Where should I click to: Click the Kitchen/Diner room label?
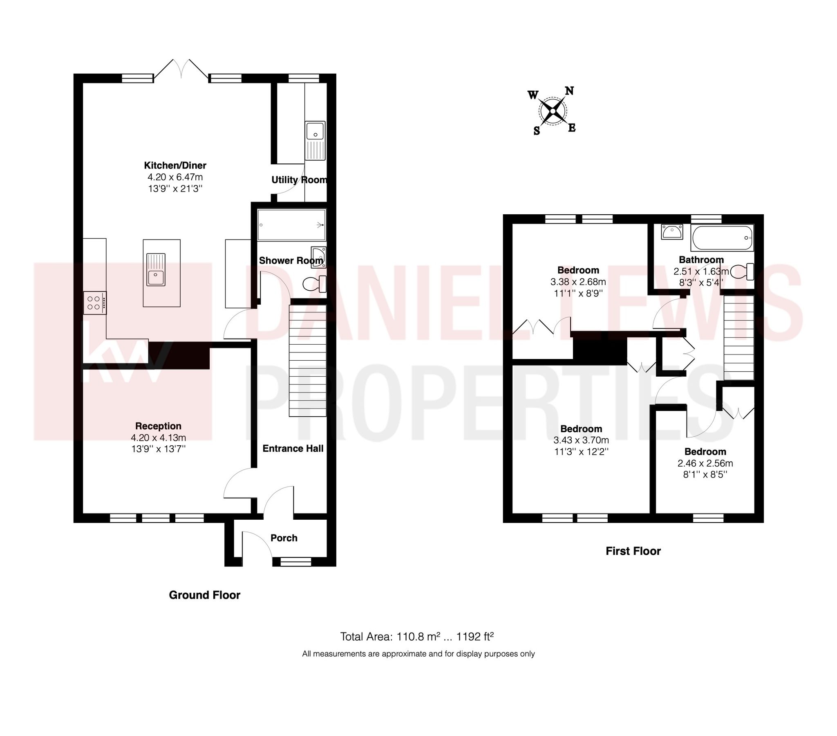[175, 166]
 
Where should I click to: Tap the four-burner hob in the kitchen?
[94, 303]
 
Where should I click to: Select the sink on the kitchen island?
[156, 269]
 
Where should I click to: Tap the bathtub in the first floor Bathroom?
[722, 238]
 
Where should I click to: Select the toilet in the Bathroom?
[742, 271]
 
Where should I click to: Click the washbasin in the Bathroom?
[671, 232]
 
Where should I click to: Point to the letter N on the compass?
[569, 91]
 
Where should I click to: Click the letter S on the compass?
[537, 131]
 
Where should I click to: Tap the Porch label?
[284, 538]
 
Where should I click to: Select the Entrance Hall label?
[293, 448]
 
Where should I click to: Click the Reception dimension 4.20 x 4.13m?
[159, 438]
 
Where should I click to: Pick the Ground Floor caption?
[204, 595]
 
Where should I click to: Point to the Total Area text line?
[417, 636]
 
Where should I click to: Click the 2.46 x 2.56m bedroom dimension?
[705, 464]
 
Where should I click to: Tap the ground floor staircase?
[308, 361]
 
